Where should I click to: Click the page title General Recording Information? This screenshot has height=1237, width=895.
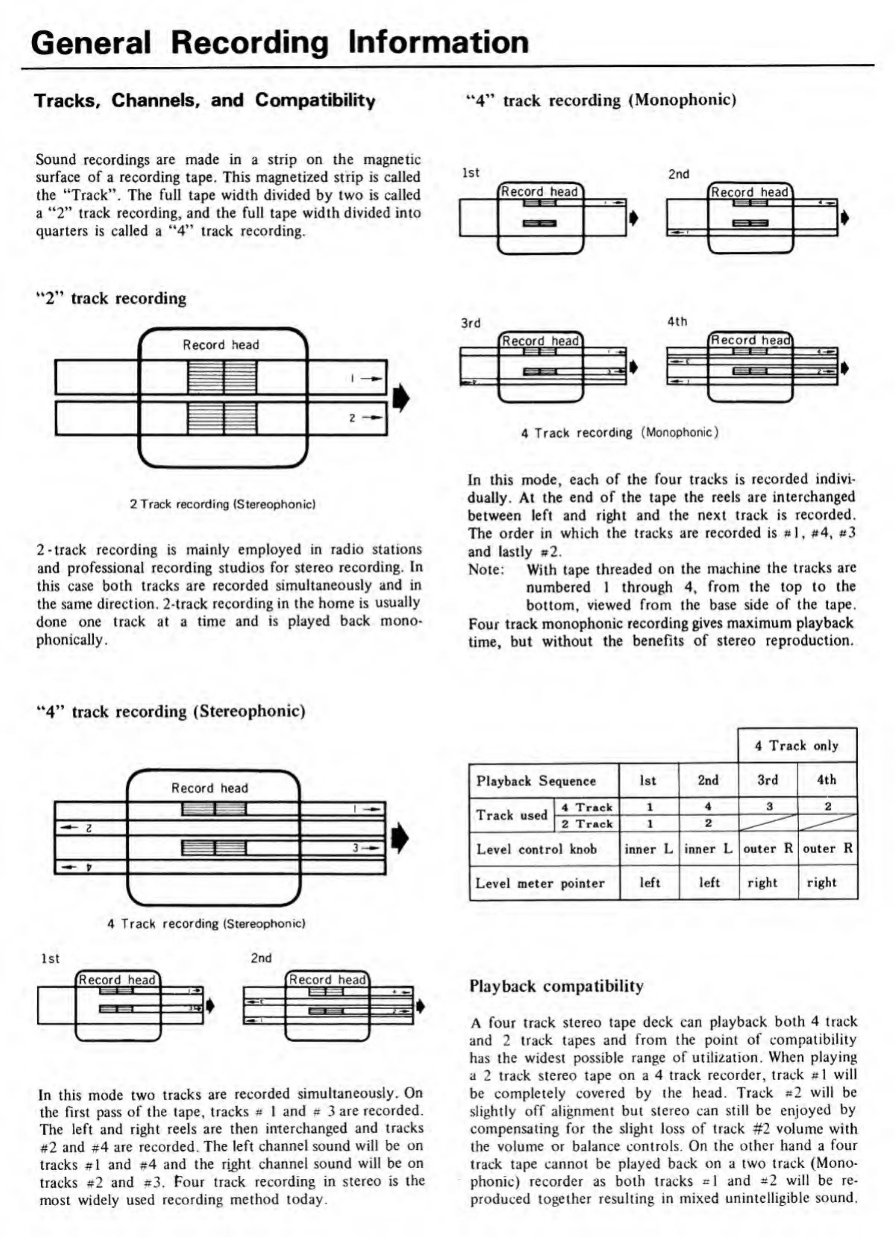280,43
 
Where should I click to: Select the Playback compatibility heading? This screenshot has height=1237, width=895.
556,986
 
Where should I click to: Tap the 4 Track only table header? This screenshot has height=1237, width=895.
796,746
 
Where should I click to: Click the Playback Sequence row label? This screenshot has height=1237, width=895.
536,781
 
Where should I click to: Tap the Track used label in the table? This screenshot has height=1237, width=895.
511,815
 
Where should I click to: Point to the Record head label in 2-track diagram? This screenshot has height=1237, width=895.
221,345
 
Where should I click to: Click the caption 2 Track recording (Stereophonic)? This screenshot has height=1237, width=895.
223,504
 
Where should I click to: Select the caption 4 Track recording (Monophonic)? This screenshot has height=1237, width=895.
619,432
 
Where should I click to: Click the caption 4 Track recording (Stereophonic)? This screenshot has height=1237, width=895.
206,923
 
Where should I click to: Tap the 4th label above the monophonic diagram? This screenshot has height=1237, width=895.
677,322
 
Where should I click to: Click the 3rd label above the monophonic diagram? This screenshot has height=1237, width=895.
471,323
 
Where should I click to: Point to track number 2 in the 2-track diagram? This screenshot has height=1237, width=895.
352,418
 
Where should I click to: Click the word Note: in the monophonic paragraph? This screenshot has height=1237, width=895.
486,569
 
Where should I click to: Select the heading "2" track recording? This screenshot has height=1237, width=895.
111,298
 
